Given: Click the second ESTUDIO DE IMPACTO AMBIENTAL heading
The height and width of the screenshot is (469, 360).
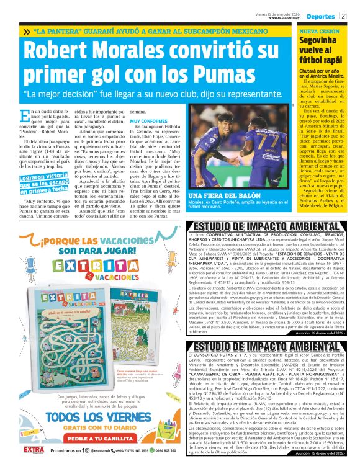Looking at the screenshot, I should point(271,346).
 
